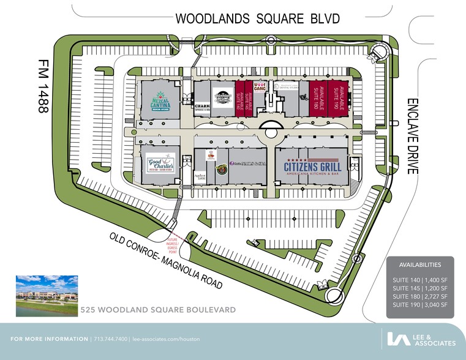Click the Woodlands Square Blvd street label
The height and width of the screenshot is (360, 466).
click(257, 18)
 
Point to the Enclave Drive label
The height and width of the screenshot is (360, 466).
click(412, 135)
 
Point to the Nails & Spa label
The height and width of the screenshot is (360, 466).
click(247, 163)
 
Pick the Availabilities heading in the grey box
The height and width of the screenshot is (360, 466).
click(419, 265)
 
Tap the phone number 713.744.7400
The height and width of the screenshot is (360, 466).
click(110, 339)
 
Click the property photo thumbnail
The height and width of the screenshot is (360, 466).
click(45, 296)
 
